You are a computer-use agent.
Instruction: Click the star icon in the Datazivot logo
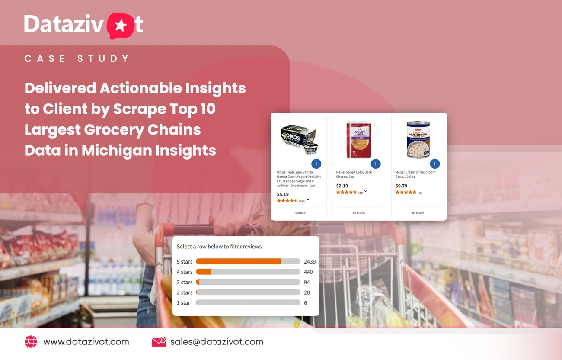[121, 26]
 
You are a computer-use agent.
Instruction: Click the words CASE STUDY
[77, 59]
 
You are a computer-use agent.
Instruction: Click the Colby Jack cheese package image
[359, 139]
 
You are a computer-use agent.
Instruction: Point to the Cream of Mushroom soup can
[418, 139]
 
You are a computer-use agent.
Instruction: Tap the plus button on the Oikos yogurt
[316, 164]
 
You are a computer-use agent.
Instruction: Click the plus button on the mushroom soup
[435, 164]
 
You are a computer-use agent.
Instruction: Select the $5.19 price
[283, 194]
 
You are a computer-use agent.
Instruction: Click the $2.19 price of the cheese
[342, 186]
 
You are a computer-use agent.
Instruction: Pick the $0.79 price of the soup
[402, 186]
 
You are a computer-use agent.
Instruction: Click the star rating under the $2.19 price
[346, 192]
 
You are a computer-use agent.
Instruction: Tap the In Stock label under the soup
[418, 213]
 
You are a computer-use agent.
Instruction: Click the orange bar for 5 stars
[238, 261]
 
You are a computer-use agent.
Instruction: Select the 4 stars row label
[185, 272]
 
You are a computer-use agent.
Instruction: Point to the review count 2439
[310, 261]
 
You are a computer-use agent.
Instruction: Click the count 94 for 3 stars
[307, 282]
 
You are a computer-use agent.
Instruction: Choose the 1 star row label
[183, 303]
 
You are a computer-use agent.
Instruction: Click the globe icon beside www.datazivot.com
[31, 342]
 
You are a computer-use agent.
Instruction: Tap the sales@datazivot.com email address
[217, 342]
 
